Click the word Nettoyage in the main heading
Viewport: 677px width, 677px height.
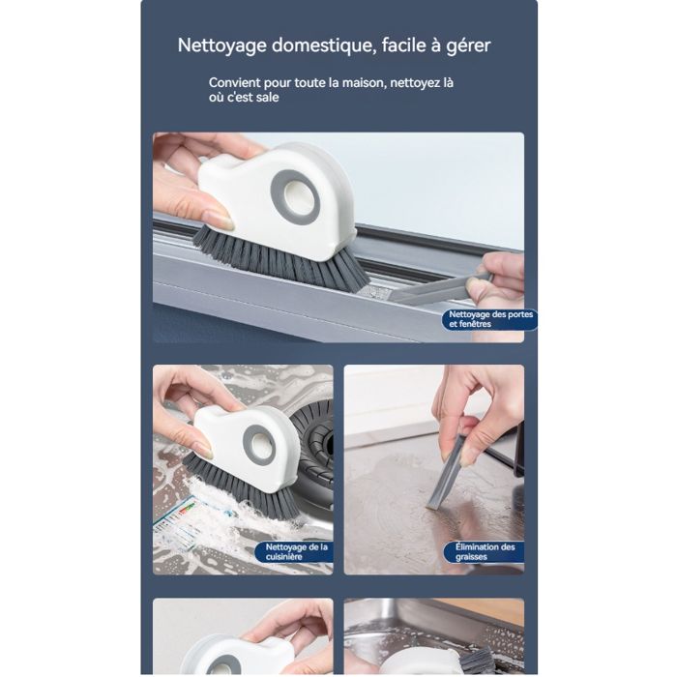click(x=221, y=45)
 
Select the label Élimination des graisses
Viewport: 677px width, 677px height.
click(x=485, y=552)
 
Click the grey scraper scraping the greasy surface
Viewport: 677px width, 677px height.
click(x=447, y=473)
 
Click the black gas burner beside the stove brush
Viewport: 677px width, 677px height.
click(x=313, y=449)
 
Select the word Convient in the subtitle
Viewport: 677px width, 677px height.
click(x=234, y=82)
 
